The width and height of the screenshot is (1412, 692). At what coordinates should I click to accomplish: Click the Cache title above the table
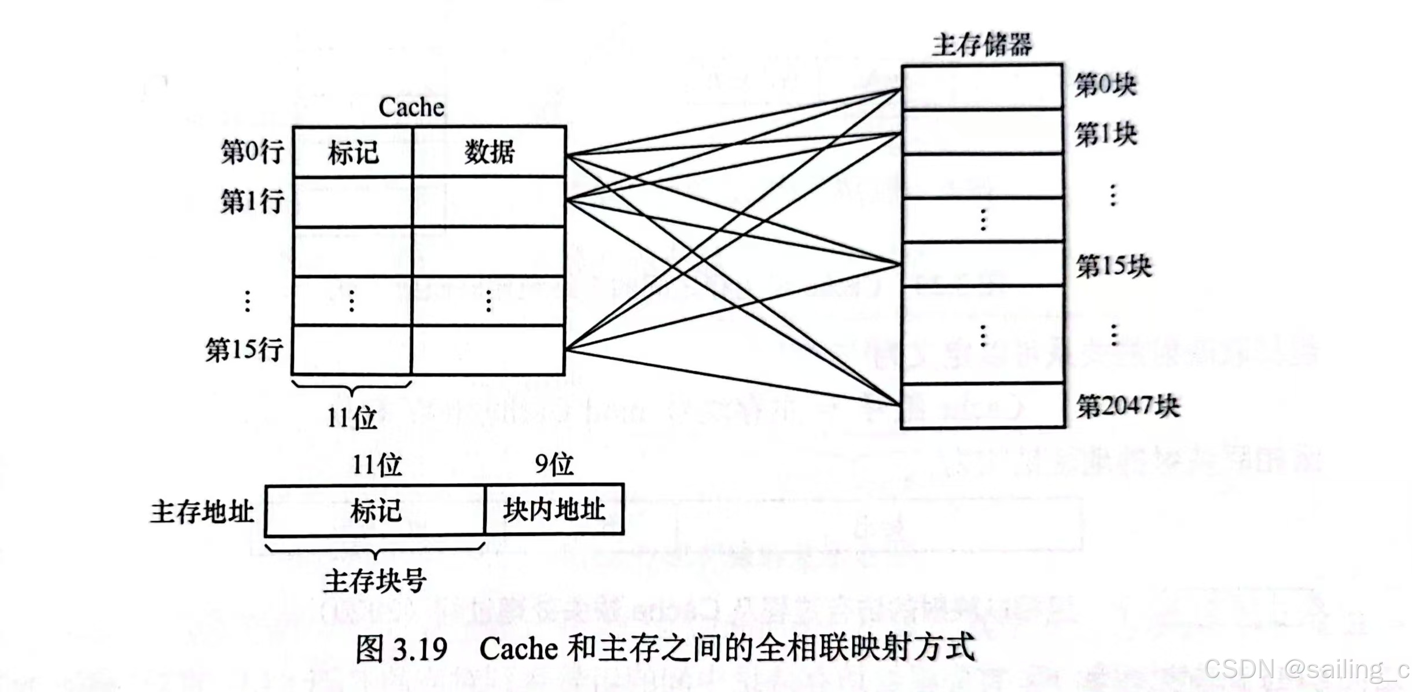(411, 108)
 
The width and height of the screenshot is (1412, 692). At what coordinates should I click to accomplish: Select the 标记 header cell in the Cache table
(353, 153)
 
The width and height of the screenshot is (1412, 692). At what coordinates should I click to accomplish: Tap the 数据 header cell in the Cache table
(489, 153)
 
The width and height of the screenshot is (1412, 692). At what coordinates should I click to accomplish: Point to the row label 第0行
(252, 152)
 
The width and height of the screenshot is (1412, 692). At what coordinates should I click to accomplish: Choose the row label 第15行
(244, 350)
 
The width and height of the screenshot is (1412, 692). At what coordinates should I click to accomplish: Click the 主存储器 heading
(981, 45)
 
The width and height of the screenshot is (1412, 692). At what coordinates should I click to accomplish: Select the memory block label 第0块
(1105, 85)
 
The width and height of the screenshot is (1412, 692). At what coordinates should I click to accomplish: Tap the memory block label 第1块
(1105, 135)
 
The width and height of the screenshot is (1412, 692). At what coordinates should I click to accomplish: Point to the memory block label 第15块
(1113, 267)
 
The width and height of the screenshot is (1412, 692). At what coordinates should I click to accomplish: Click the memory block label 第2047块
(1127, 406)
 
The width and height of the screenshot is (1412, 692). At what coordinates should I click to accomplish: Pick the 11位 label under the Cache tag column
(351, 418)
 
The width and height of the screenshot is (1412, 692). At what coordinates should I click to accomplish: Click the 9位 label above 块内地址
(554, 464)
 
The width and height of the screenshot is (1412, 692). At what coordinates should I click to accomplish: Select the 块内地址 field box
(554, 510)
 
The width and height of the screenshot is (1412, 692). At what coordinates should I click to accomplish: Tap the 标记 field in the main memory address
(375, 511)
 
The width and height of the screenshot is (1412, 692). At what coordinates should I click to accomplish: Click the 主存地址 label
(202, 512)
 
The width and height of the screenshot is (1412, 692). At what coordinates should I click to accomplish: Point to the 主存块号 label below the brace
(375, 581)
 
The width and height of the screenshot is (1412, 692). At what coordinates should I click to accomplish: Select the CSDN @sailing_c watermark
(1306, 669)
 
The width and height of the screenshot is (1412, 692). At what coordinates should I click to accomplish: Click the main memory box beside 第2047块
(983, 406)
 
